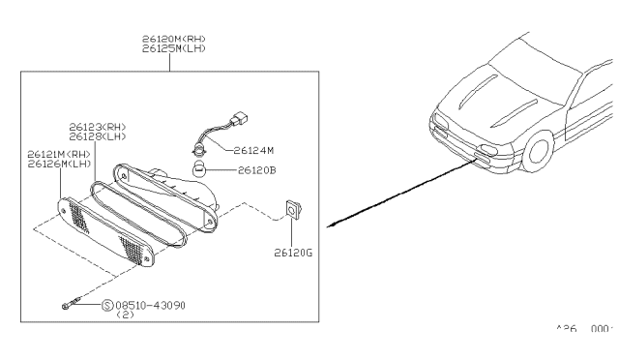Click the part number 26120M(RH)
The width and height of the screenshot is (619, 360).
coord(173,39)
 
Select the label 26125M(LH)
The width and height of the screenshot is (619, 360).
coord(173,48)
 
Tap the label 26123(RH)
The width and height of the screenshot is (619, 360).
coord(97,127)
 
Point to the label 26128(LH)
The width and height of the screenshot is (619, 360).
coord(97,136)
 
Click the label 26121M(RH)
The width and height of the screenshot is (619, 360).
coord(59,154)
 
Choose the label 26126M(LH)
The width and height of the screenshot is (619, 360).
coord(59,164)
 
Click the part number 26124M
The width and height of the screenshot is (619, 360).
coord(253,151)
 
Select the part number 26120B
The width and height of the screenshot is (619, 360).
coord(253,171)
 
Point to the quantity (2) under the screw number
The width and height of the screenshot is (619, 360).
coord(125,315)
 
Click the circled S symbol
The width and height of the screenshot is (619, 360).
coord(106,305)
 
